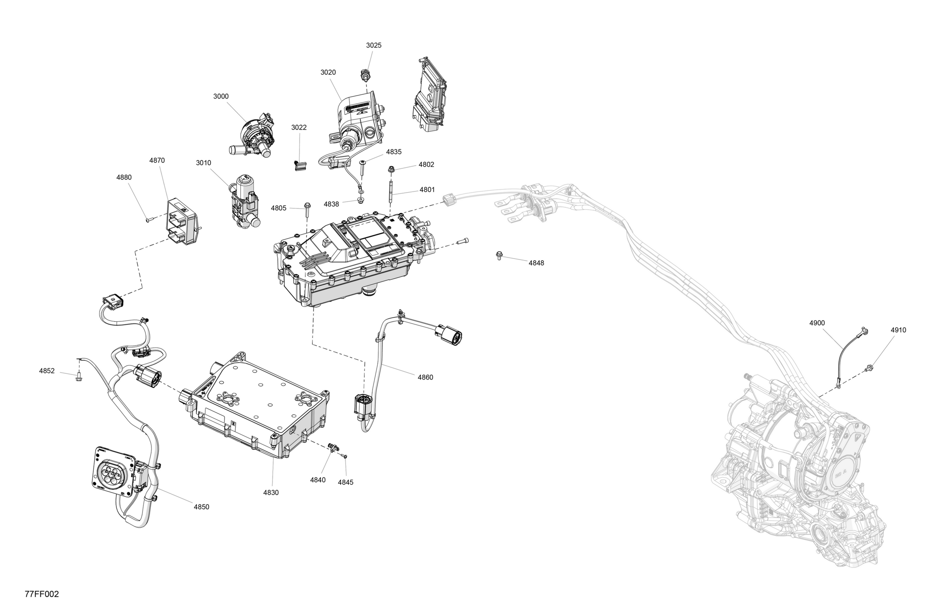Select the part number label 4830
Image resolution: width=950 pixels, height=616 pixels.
tap(271, 492)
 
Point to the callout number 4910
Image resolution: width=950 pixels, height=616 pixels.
tap(898, 330)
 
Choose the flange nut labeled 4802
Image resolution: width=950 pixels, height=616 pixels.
tap(391, 170)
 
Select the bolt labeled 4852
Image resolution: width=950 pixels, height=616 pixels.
tap(78, 376)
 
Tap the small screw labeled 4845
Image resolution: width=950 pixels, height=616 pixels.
tap(345, 456)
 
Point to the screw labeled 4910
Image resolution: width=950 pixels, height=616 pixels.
tap(869, 368)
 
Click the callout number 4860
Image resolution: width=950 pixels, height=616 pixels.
tap(425, 377)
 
